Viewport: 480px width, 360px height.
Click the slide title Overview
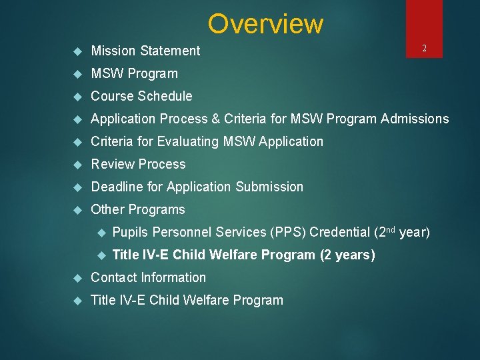(x=265, y=24)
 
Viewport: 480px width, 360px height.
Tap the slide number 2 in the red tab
(x=424, y=48)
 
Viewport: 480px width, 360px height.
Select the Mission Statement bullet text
(x=145, y=51)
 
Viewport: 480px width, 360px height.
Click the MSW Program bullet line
(x=134, y=73)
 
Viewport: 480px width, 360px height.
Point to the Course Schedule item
(x=141, y=96)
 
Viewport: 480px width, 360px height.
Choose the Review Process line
(x=138, y=164)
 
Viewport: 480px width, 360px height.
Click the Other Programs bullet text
(x=138, y=209)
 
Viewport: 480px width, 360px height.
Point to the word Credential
(x=340, y=232)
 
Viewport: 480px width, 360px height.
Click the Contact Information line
(x=148, y=277)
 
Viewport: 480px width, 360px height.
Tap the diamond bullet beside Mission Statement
(x=77, y=51)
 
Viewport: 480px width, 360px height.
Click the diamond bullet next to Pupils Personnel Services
(x=101, y=233)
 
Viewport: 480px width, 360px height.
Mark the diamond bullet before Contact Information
(x=77, y=278)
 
